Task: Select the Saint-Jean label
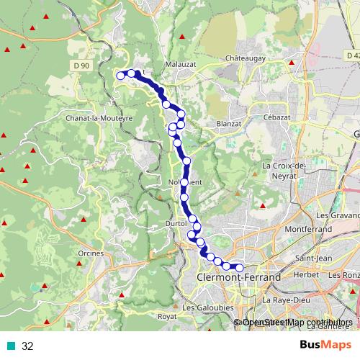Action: pos(313,258)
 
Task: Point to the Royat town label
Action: pos(167,316)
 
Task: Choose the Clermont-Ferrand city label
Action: pos(230,276)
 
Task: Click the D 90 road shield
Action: pos(81,66)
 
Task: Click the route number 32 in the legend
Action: pos(27,346)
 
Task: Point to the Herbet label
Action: pos(306,275)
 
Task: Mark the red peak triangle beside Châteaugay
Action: pos(291,63)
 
